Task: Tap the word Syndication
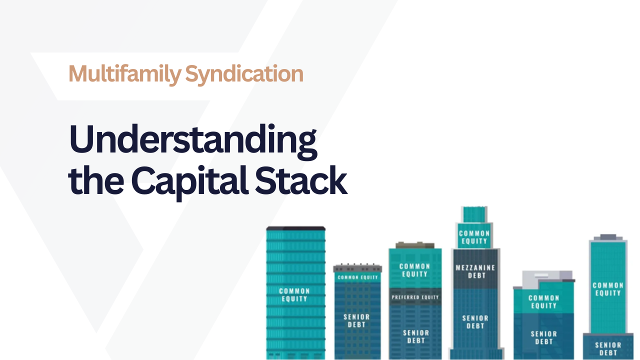point(244,74)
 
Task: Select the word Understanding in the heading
point(193,140)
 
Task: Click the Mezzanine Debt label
point(475,271)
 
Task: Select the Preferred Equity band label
point(415,297)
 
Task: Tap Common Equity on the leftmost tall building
point(294,294)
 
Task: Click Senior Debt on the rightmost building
point(608,348)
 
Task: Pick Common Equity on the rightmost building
point(608,289)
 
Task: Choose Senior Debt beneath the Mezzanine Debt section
point(475,321)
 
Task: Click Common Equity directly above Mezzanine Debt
point(473,237)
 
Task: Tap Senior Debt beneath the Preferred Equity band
point(415,336)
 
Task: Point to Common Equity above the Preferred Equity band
point(414,270)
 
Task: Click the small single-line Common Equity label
point(357,277)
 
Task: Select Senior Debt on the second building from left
point(357,320)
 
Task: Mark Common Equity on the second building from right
point(543,301)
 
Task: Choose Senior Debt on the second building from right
point(543,337)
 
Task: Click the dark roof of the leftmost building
point(295,228)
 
